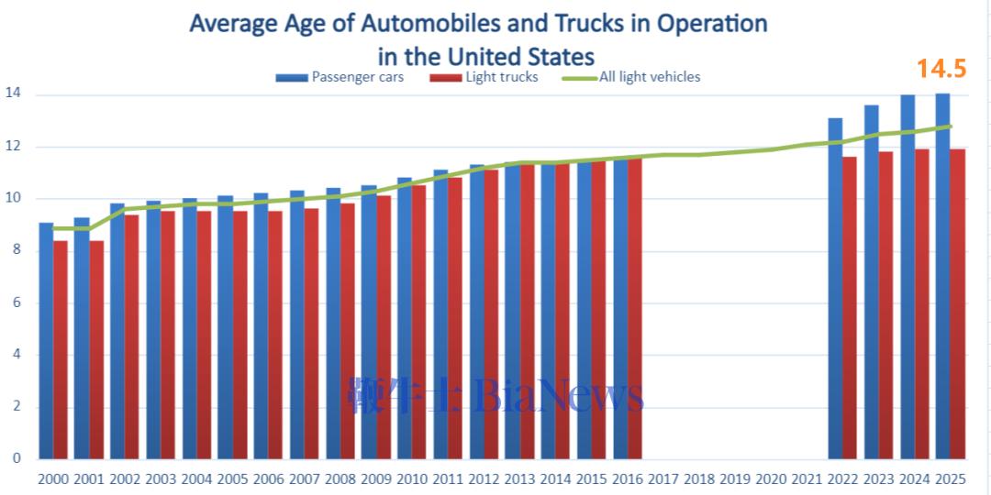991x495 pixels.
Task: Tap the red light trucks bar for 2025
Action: (x=957, y=303)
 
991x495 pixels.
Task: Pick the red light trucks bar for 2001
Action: (x=96, y=349)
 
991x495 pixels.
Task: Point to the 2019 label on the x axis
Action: (x=735, y=478)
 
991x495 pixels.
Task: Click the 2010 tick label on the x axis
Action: (x=412, y=478)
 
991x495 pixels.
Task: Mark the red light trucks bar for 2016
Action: (x=635, y=308)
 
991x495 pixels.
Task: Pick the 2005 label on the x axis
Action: (x=232, y=478)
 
